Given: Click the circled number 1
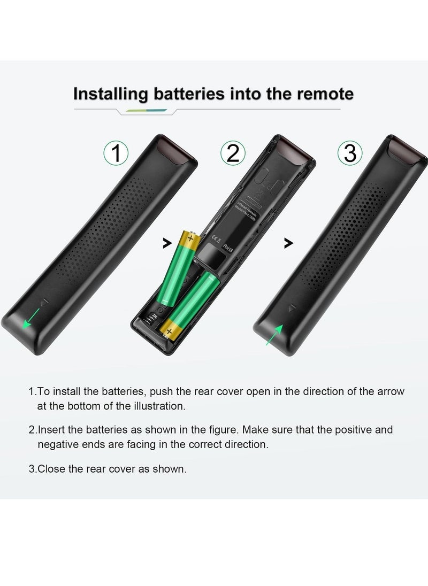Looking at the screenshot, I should tap(116, 153).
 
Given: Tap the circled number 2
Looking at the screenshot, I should tap(233, 153).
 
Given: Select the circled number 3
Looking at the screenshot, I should tap(350, 153).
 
